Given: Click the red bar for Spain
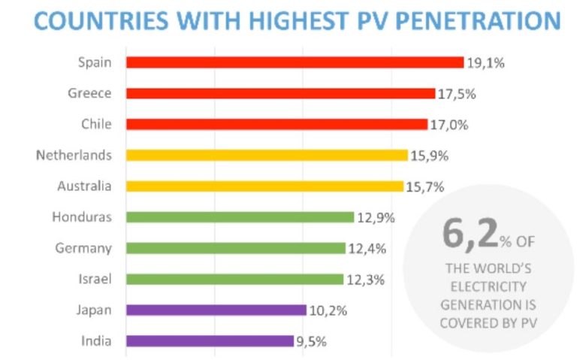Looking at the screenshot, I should point(295,62).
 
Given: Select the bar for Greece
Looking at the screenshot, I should point(280,93).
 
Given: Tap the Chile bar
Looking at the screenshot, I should point(276,124).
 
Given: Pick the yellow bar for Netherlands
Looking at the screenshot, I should point(267,155).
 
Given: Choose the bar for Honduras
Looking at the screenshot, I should point(240,217).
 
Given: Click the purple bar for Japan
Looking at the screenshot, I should point(216,310).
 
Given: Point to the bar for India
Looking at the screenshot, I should point(210,340).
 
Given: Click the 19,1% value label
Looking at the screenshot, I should point(485,63).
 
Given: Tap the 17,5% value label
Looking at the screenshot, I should point(457,94).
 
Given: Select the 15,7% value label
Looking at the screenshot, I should point(424,186).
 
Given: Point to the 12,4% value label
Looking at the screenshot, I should point(367,248).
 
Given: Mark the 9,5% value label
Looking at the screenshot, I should point(311,340).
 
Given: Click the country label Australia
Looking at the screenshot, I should point(84,186).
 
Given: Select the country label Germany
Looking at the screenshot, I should point(84,248).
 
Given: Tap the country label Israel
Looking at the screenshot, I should point(95,279).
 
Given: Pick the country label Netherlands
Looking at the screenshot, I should point(74,155).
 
